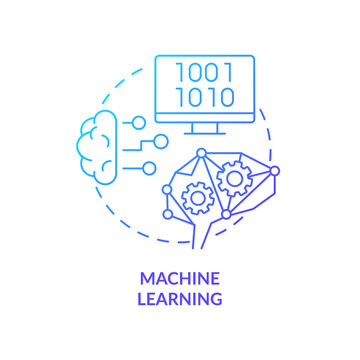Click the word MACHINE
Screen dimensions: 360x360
tap(180, 280)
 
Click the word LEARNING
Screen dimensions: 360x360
tap(180, 298)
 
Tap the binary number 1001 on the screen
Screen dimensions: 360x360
tap(205, 73)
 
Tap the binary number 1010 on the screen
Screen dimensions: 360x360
tap(205, 98)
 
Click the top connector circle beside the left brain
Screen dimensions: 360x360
tap(137, 122)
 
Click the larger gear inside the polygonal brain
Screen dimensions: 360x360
tap(235, 179)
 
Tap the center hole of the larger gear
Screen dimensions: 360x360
tap(235, 179)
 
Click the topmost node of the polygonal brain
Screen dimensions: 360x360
tap(202, 153)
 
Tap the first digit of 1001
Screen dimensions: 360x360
tap(182, 73)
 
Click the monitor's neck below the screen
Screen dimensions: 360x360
tap(205, 125)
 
